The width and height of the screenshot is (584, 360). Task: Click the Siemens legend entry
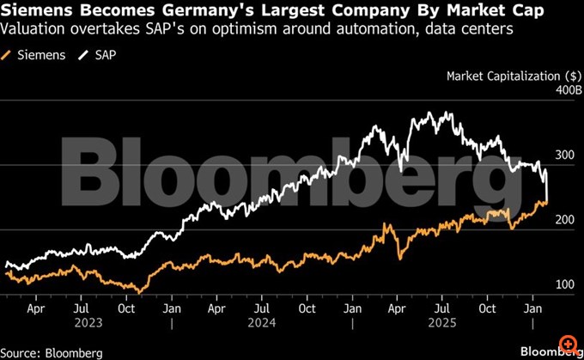click(33, 54)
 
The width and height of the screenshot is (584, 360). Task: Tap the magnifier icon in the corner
click(568, 344)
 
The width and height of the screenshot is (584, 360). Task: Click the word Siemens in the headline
click(35, 10)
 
